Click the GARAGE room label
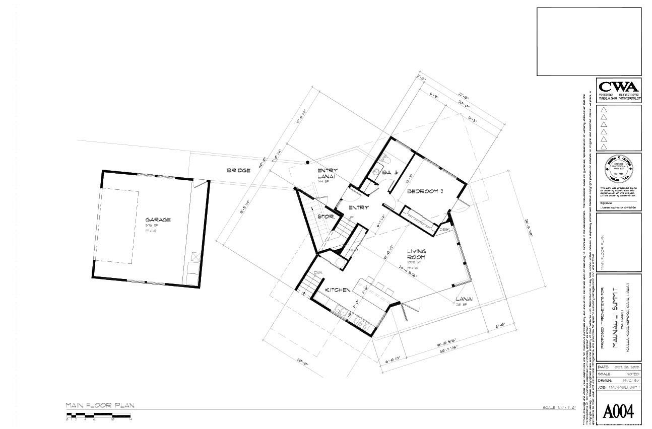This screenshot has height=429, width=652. click(158, 220)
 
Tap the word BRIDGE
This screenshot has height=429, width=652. click(238, 171)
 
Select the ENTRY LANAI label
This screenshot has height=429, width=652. click(327, 174)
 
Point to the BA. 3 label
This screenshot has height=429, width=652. click(390, 173)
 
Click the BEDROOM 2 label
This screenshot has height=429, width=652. click(425, 191)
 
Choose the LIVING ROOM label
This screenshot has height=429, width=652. click(417, 254)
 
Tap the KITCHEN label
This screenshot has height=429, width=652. click(337, 291)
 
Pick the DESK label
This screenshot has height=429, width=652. click(444, 229)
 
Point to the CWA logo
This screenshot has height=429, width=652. click(618, 87)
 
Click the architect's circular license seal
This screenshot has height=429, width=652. click(619, 170)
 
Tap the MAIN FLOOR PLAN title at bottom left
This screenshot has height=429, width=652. click(100, 405)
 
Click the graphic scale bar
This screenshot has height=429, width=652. click(99, 416)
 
